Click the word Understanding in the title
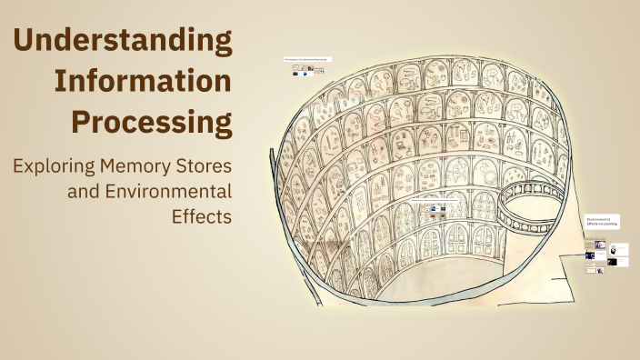point(123,41)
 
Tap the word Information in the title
point(143,81)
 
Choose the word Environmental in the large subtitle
point(168,192)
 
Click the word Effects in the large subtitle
point(201,216)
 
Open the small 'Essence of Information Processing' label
point(308,59)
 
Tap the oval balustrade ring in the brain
point(535,205)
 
